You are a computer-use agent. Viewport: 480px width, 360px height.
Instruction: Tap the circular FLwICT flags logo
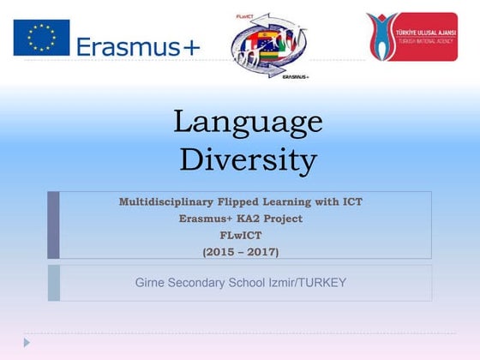(x=270, y=45)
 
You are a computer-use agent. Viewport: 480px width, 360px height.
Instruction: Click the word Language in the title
(x=248, y=122)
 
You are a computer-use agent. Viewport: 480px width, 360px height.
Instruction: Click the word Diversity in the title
(x=248, y=159)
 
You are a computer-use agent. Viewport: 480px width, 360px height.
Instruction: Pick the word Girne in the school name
(x=152, y=282)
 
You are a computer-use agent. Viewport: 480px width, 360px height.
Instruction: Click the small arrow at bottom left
(x=27, y=342)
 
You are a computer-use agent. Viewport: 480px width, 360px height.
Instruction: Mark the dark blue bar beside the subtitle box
(x=53, y=225)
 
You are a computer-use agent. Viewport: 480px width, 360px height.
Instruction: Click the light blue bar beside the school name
(x=53, y=282)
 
